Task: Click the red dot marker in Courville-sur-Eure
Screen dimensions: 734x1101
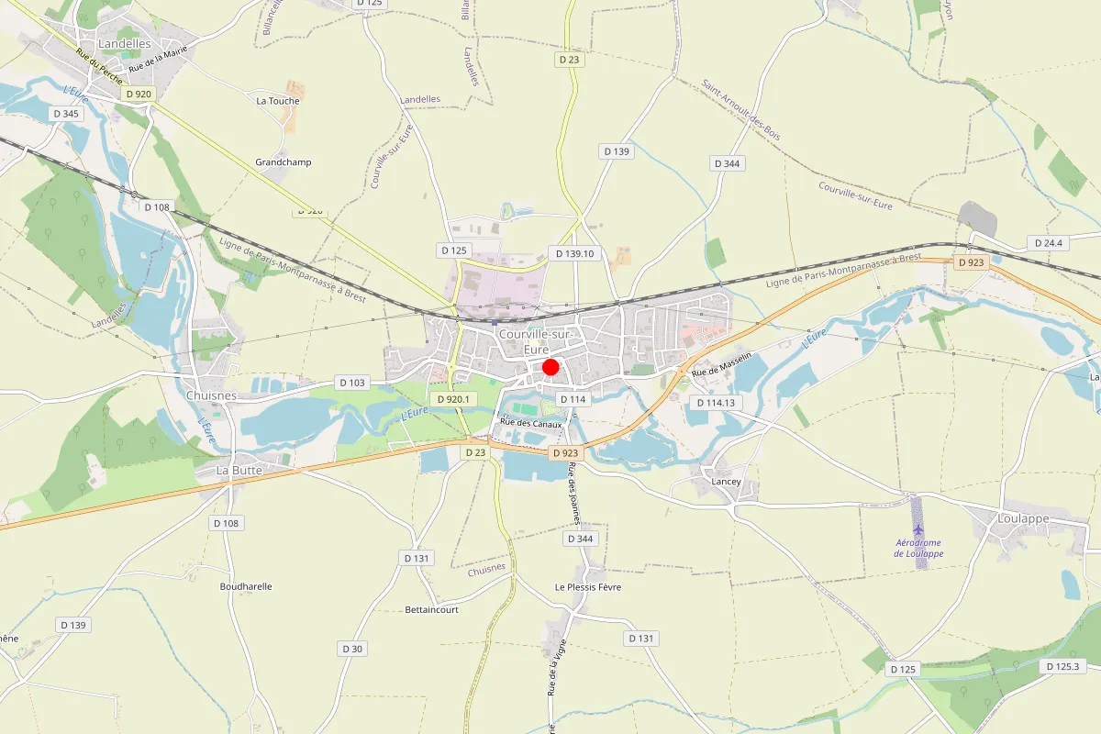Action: pyautogui.click(x=550, y=367)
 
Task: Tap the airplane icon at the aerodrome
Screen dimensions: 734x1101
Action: pyautogui.click(x=918, y=529)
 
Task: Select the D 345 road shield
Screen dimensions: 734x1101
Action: pyautogui.click(x=67, y=114)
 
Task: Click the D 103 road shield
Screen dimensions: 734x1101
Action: pyautogui.click(x=352, y=382)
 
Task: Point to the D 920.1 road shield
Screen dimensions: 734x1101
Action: pyautogui.click(x=453, y=399)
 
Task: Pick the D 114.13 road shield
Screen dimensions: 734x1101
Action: pyautogui.click(x=717, y=403)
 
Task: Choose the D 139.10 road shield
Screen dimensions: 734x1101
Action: pyautogui.click(x=574, y=253)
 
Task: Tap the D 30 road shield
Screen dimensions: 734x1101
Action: pyautogui.click(x=352, y=649)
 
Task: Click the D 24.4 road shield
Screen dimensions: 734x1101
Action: pyautogui.click(x=1048, y=243)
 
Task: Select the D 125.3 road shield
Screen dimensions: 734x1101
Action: pyautogui.click(x=1064, y=666)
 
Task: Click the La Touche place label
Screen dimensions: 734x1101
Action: pyautogui.click(x=272, y=101)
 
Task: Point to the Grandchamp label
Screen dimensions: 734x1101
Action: pyautogui.click(x=284, y=162)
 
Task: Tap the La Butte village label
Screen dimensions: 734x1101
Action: pyautogui.click(x=239, y=470)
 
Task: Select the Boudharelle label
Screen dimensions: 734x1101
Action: pyautogui.click(x=246, y=586)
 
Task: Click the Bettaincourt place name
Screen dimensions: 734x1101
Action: pyautogui.click(x=432, y=609)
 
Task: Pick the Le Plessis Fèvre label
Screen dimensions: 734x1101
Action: pyautogui.click(x=588, y=587)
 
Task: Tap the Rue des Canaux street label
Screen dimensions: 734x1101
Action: pyautogui.click(x=530, y=422)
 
